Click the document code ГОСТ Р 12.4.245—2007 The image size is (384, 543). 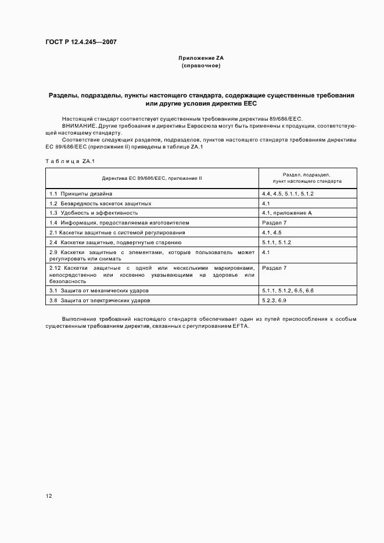tap(81, 42)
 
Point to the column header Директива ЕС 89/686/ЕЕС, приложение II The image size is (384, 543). tap(152, 178)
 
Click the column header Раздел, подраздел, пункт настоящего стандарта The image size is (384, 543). tap(307, 178)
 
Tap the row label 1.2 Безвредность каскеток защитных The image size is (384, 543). tap(101, 203)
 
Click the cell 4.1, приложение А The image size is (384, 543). tap(287, 213)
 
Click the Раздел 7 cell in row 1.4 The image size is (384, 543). tap(274, 223)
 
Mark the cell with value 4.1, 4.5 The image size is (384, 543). tap(272, 233)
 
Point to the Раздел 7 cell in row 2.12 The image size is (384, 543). tap(274, 268)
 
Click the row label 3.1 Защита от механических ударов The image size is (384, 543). tap(99, 290)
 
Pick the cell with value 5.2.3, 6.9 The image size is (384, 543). tap(274, 301)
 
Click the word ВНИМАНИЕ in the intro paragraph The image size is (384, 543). tap(79, 125)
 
